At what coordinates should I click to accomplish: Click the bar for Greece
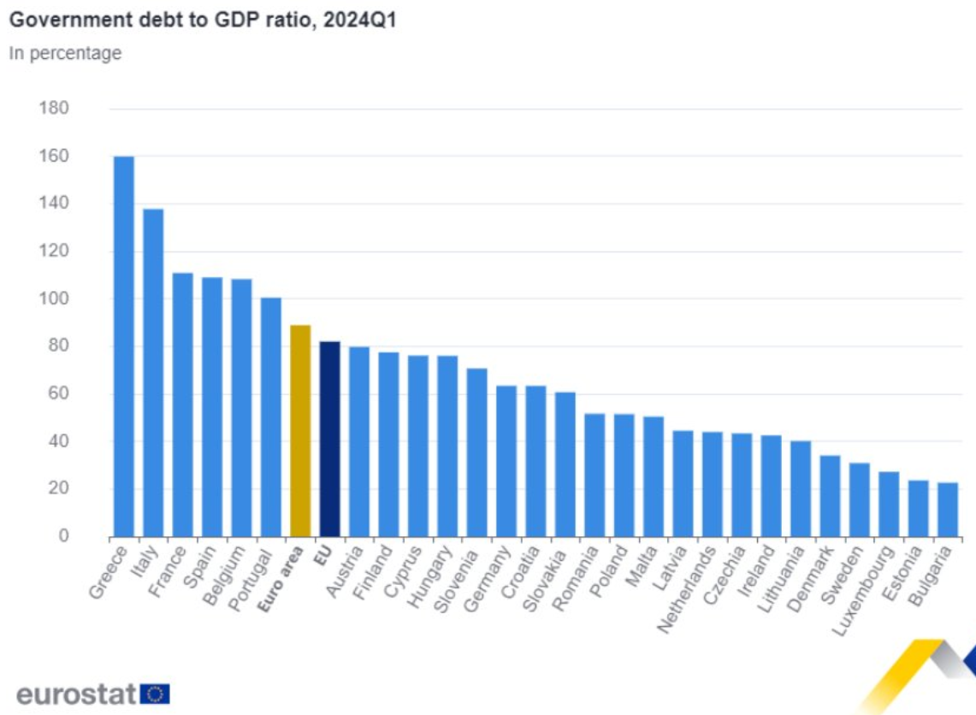124,346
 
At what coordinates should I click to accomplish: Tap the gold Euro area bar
300,431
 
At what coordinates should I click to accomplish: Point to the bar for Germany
506,461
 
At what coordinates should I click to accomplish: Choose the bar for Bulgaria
948,510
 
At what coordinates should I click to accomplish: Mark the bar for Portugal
271,417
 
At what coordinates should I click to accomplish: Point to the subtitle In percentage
65,53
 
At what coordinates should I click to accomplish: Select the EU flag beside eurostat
155,693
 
